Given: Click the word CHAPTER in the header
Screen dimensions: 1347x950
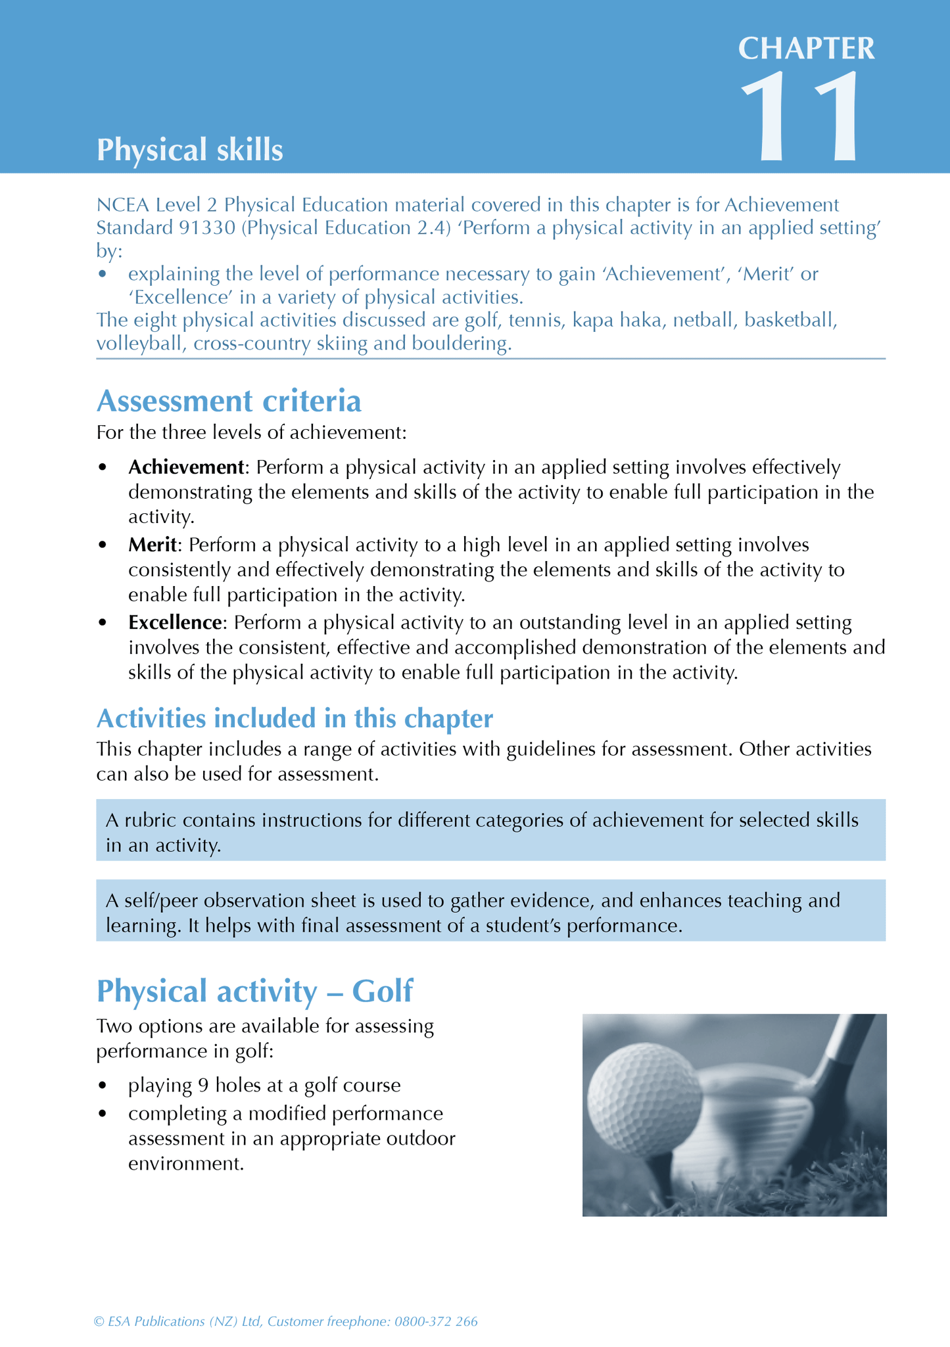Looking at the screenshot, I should (x=806, y=49).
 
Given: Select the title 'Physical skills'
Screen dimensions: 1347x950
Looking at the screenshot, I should (x=189, y=150).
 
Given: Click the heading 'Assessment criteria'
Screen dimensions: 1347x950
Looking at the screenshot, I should (x=229, y=401).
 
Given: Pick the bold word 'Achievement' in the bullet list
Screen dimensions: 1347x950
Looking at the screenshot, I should (x=186, y=467).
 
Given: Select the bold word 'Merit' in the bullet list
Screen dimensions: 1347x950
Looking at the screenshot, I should (x=153, y=545).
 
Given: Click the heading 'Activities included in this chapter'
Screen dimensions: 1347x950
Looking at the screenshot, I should (x=295, y=718).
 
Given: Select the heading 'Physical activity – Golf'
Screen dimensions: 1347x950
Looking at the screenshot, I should (x=254, y=990).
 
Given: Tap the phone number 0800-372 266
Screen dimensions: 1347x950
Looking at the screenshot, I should (x=436, y=1321).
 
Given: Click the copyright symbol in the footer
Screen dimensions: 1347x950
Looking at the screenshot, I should (x=99, y=1321).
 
